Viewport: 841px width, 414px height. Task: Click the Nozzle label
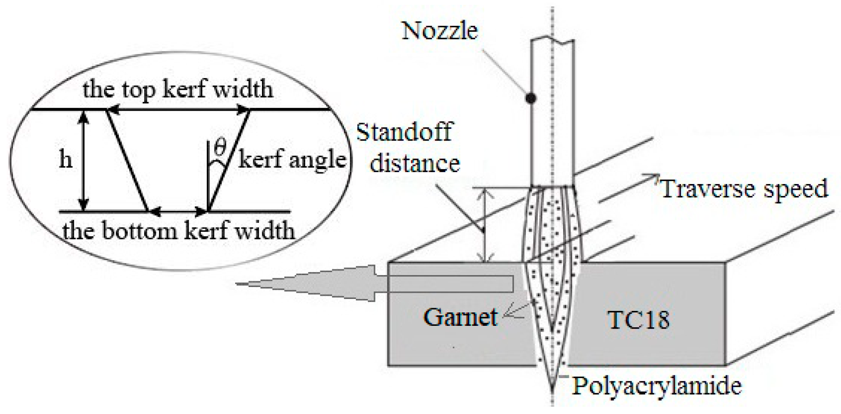(440, 31)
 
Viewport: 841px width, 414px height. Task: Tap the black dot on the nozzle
(530, 98)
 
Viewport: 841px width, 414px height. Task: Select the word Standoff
(404, 132)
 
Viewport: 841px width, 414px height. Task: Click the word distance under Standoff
(415, 163)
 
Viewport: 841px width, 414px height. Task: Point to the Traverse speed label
(744, 188)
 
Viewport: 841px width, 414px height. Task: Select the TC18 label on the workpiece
(638, 320)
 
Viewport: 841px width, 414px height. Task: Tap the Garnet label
(460, 317)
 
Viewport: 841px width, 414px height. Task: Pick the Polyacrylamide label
(657, 385)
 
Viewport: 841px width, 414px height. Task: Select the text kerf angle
(292, 160)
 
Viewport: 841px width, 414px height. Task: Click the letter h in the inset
(66, 160)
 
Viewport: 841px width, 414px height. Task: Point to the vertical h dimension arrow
(84, 161)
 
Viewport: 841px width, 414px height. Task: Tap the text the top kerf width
(178, 90)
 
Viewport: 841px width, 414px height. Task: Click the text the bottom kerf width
(178, 231)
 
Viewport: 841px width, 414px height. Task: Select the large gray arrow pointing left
(307, 284)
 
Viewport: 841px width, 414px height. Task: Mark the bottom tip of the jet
(552, 389)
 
